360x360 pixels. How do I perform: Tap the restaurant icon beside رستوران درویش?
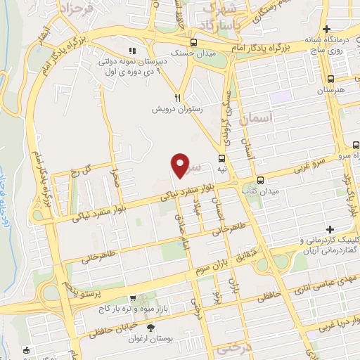tap(179, 98)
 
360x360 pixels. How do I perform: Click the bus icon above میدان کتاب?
tap(261, 179)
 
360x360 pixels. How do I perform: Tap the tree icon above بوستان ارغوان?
tap(150, 328)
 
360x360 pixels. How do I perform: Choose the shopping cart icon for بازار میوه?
tap(132, 298)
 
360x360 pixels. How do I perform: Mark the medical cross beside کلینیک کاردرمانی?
tap(330, 229)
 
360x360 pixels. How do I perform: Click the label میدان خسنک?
tap(184, 52)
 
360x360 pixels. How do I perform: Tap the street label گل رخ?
tap(82, 172)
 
